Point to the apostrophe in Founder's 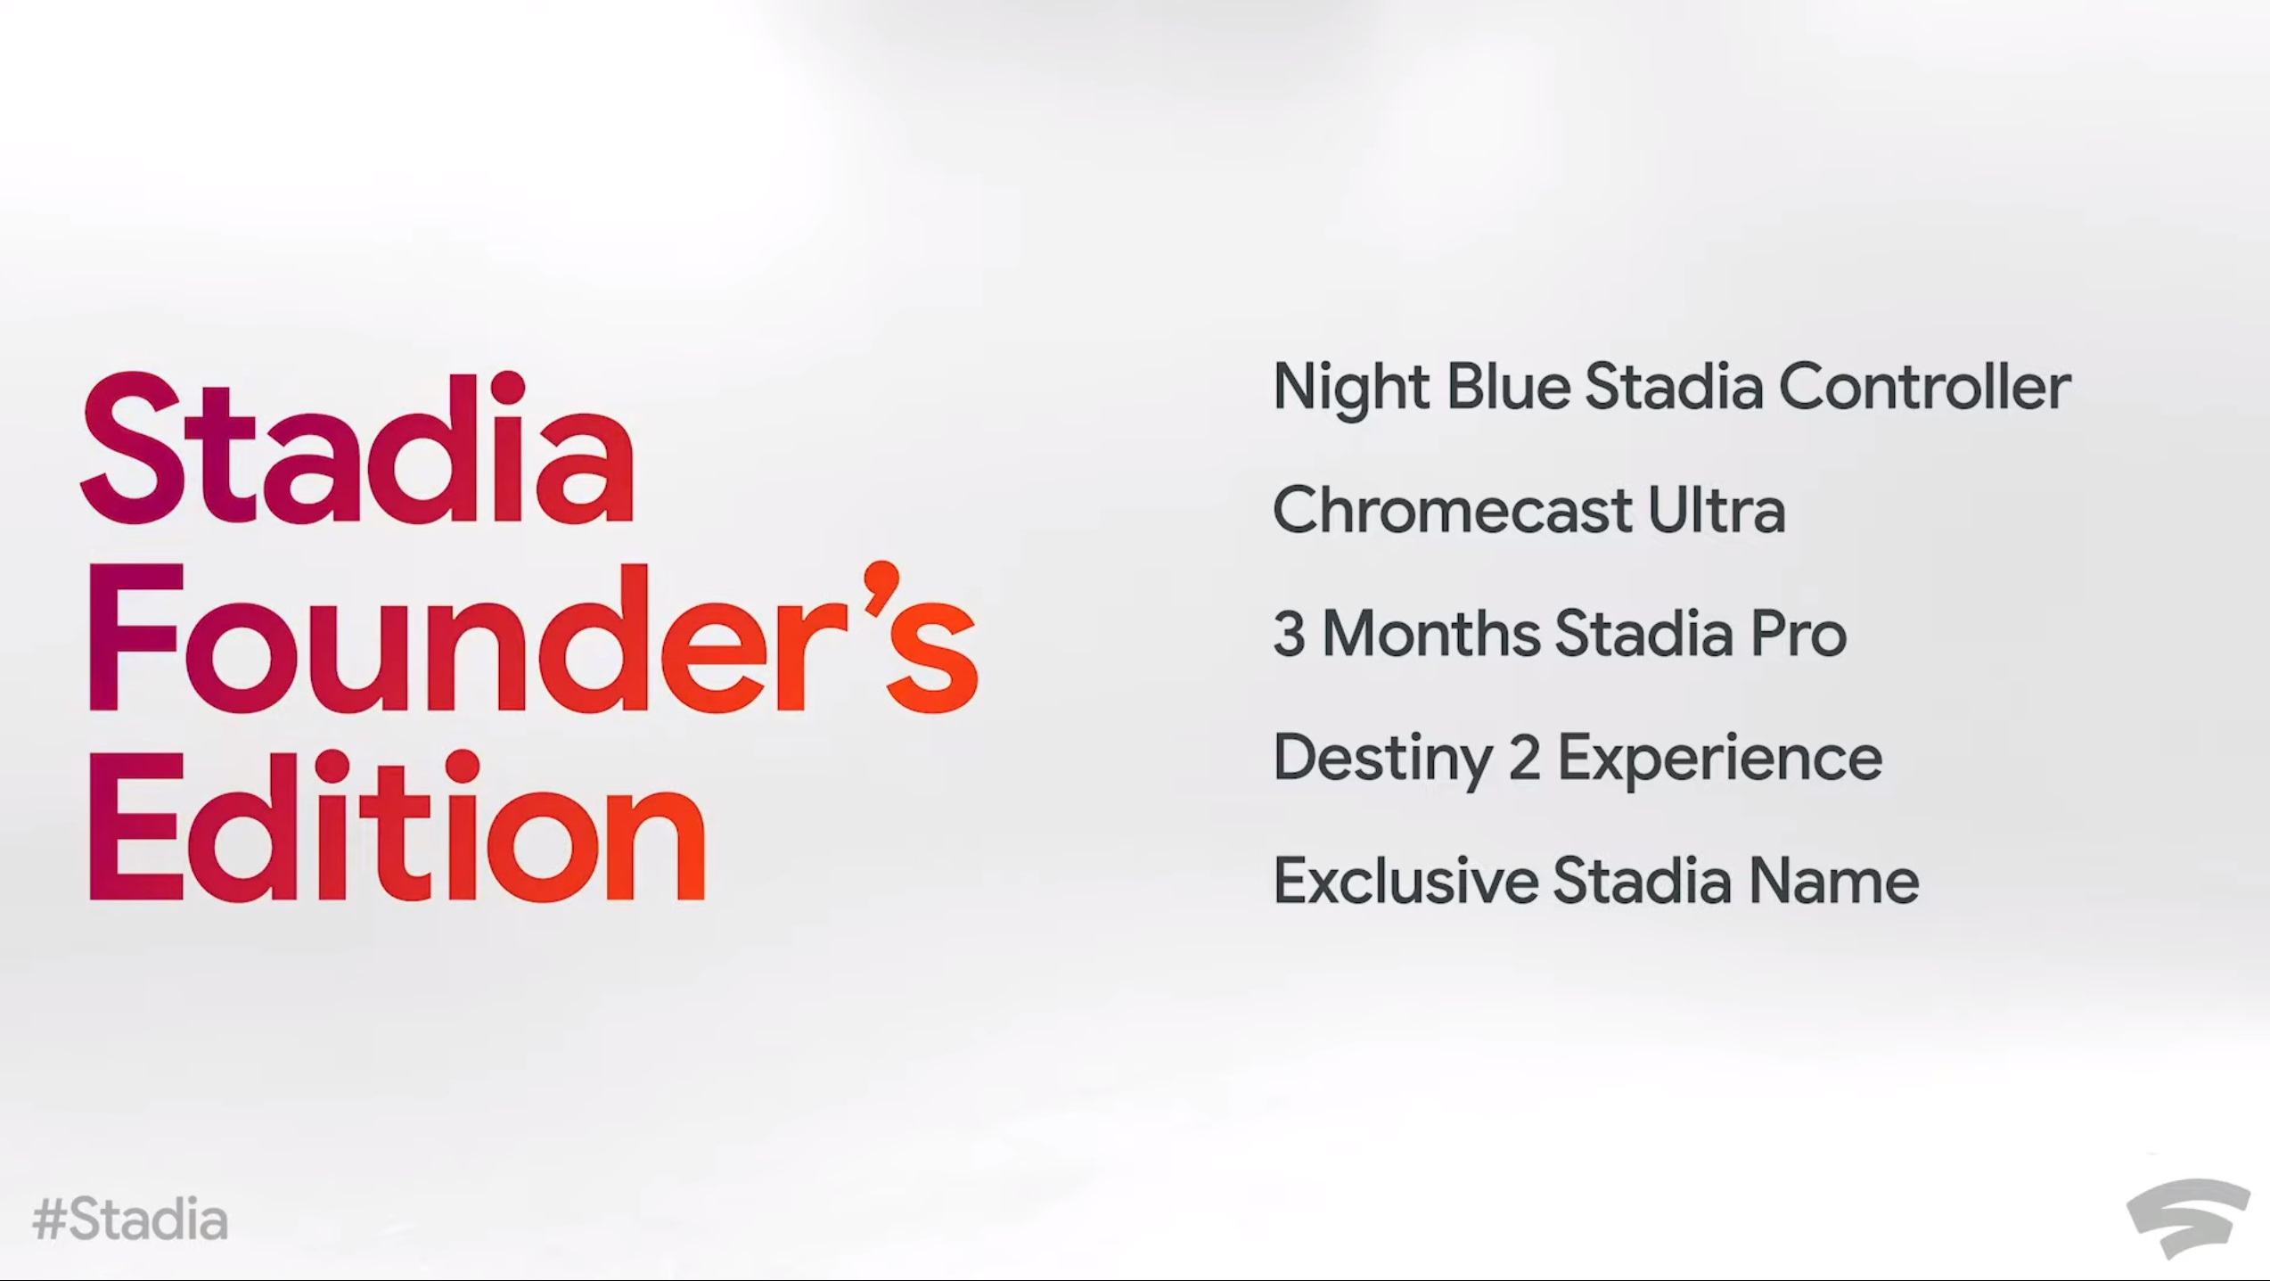pos(881,588)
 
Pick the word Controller pos(1924,389)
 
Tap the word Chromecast pos(1452,511)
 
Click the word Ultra pos(1716,511)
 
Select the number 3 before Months pos(1289,635)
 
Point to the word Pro pos(1798,635)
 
